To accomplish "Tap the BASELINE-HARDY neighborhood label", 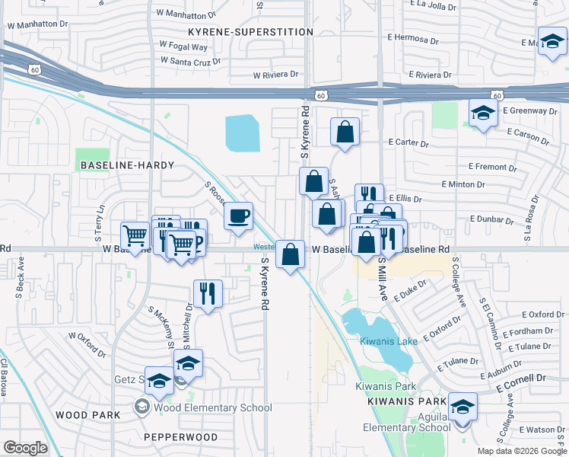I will pyautogui.click(x=126, y=165).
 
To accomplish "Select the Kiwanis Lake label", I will pyautogui.click(x=389, y=341).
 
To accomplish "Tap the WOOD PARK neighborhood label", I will pyautogui.click(x=87, y=414).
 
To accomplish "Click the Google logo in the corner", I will pyautogui.click(x=25, y=447).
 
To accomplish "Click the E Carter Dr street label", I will pyautogui.click(x=408, y=142).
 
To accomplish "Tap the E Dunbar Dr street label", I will pyautogui.click(x=494, y=219).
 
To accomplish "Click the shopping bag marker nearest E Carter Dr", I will pyautogui.click(x=345, y=132).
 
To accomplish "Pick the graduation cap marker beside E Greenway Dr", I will pyautogui.click(x=482, y=113).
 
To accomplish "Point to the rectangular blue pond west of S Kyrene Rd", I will pyautogui.click(x=242, y=133).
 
